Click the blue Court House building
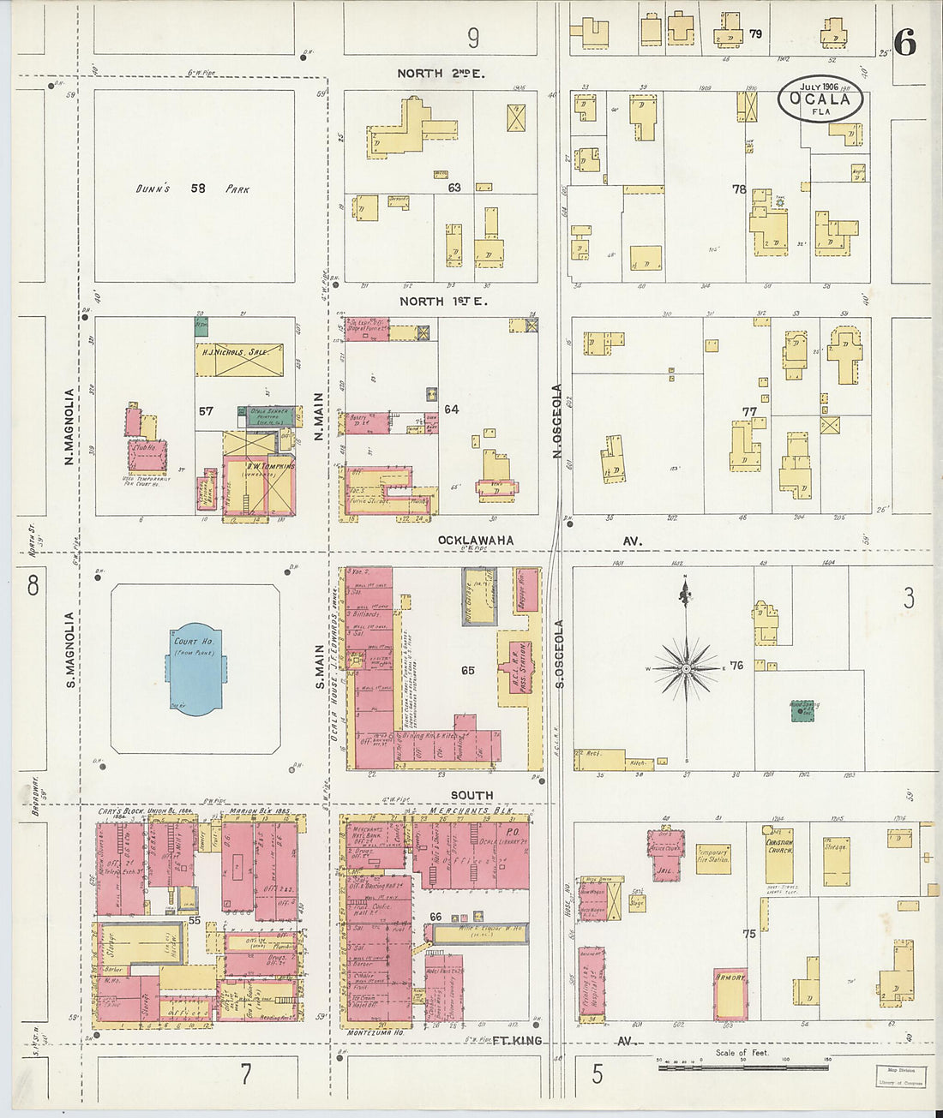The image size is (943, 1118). [196, 668]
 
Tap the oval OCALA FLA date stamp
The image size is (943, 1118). [820, 99]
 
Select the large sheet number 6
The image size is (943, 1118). [904, 42]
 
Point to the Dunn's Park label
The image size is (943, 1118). [194, 188]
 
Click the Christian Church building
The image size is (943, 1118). [779, 855]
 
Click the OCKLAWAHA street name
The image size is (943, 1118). [476, 541]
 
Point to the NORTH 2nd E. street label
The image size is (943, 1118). [441, 74]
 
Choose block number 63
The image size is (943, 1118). [453, 187]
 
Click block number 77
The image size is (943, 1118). [749, 412]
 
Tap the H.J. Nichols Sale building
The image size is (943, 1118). [239, 360]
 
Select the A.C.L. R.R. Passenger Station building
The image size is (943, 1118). [518, 669]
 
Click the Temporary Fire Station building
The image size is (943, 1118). [713, 858]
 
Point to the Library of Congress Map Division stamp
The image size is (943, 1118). [900, 1076]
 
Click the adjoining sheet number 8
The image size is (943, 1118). [32, 586]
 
